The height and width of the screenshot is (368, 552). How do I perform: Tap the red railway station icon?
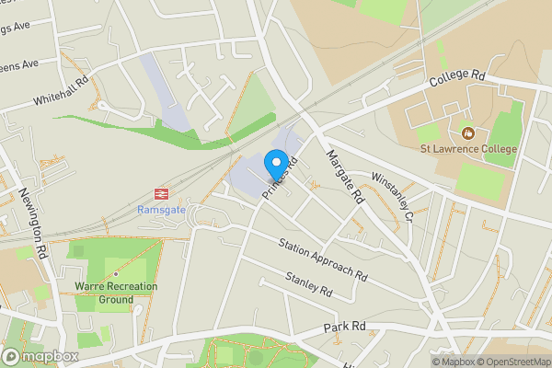click(161, 194)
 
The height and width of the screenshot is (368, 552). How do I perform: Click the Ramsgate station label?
click(161, 210)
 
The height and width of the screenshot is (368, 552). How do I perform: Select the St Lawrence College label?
click(468, 149)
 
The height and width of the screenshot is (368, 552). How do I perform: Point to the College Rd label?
click(456, 81)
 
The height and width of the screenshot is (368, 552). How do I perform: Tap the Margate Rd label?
click(345, 177)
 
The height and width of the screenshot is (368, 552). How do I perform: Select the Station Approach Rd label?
click(323, 259)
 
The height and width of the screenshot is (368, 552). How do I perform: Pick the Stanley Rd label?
click(308, 284)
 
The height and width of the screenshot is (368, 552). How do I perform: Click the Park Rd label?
click(345, 327)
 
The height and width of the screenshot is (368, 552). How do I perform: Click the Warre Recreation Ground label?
click(116, 293)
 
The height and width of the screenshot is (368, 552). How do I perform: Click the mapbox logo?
click(40, 356)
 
